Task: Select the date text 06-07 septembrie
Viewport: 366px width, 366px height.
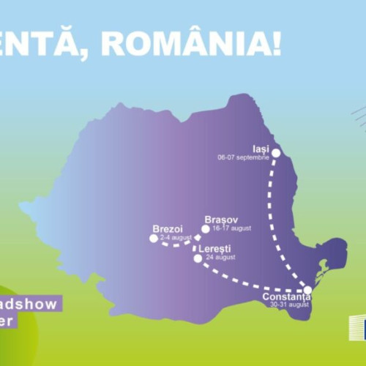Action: (243, 157)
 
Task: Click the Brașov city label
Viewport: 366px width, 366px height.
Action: (220, 220)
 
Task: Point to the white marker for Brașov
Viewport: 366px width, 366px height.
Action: (206, 228)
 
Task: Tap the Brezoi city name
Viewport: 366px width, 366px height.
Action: (166, 228)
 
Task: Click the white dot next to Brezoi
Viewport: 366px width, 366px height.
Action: (153, 238)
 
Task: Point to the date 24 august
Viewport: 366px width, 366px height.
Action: (220, 258)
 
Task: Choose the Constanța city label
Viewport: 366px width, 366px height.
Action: (287, 297)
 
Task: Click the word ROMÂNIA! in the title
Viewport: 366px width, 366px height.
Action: (190, 42)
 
